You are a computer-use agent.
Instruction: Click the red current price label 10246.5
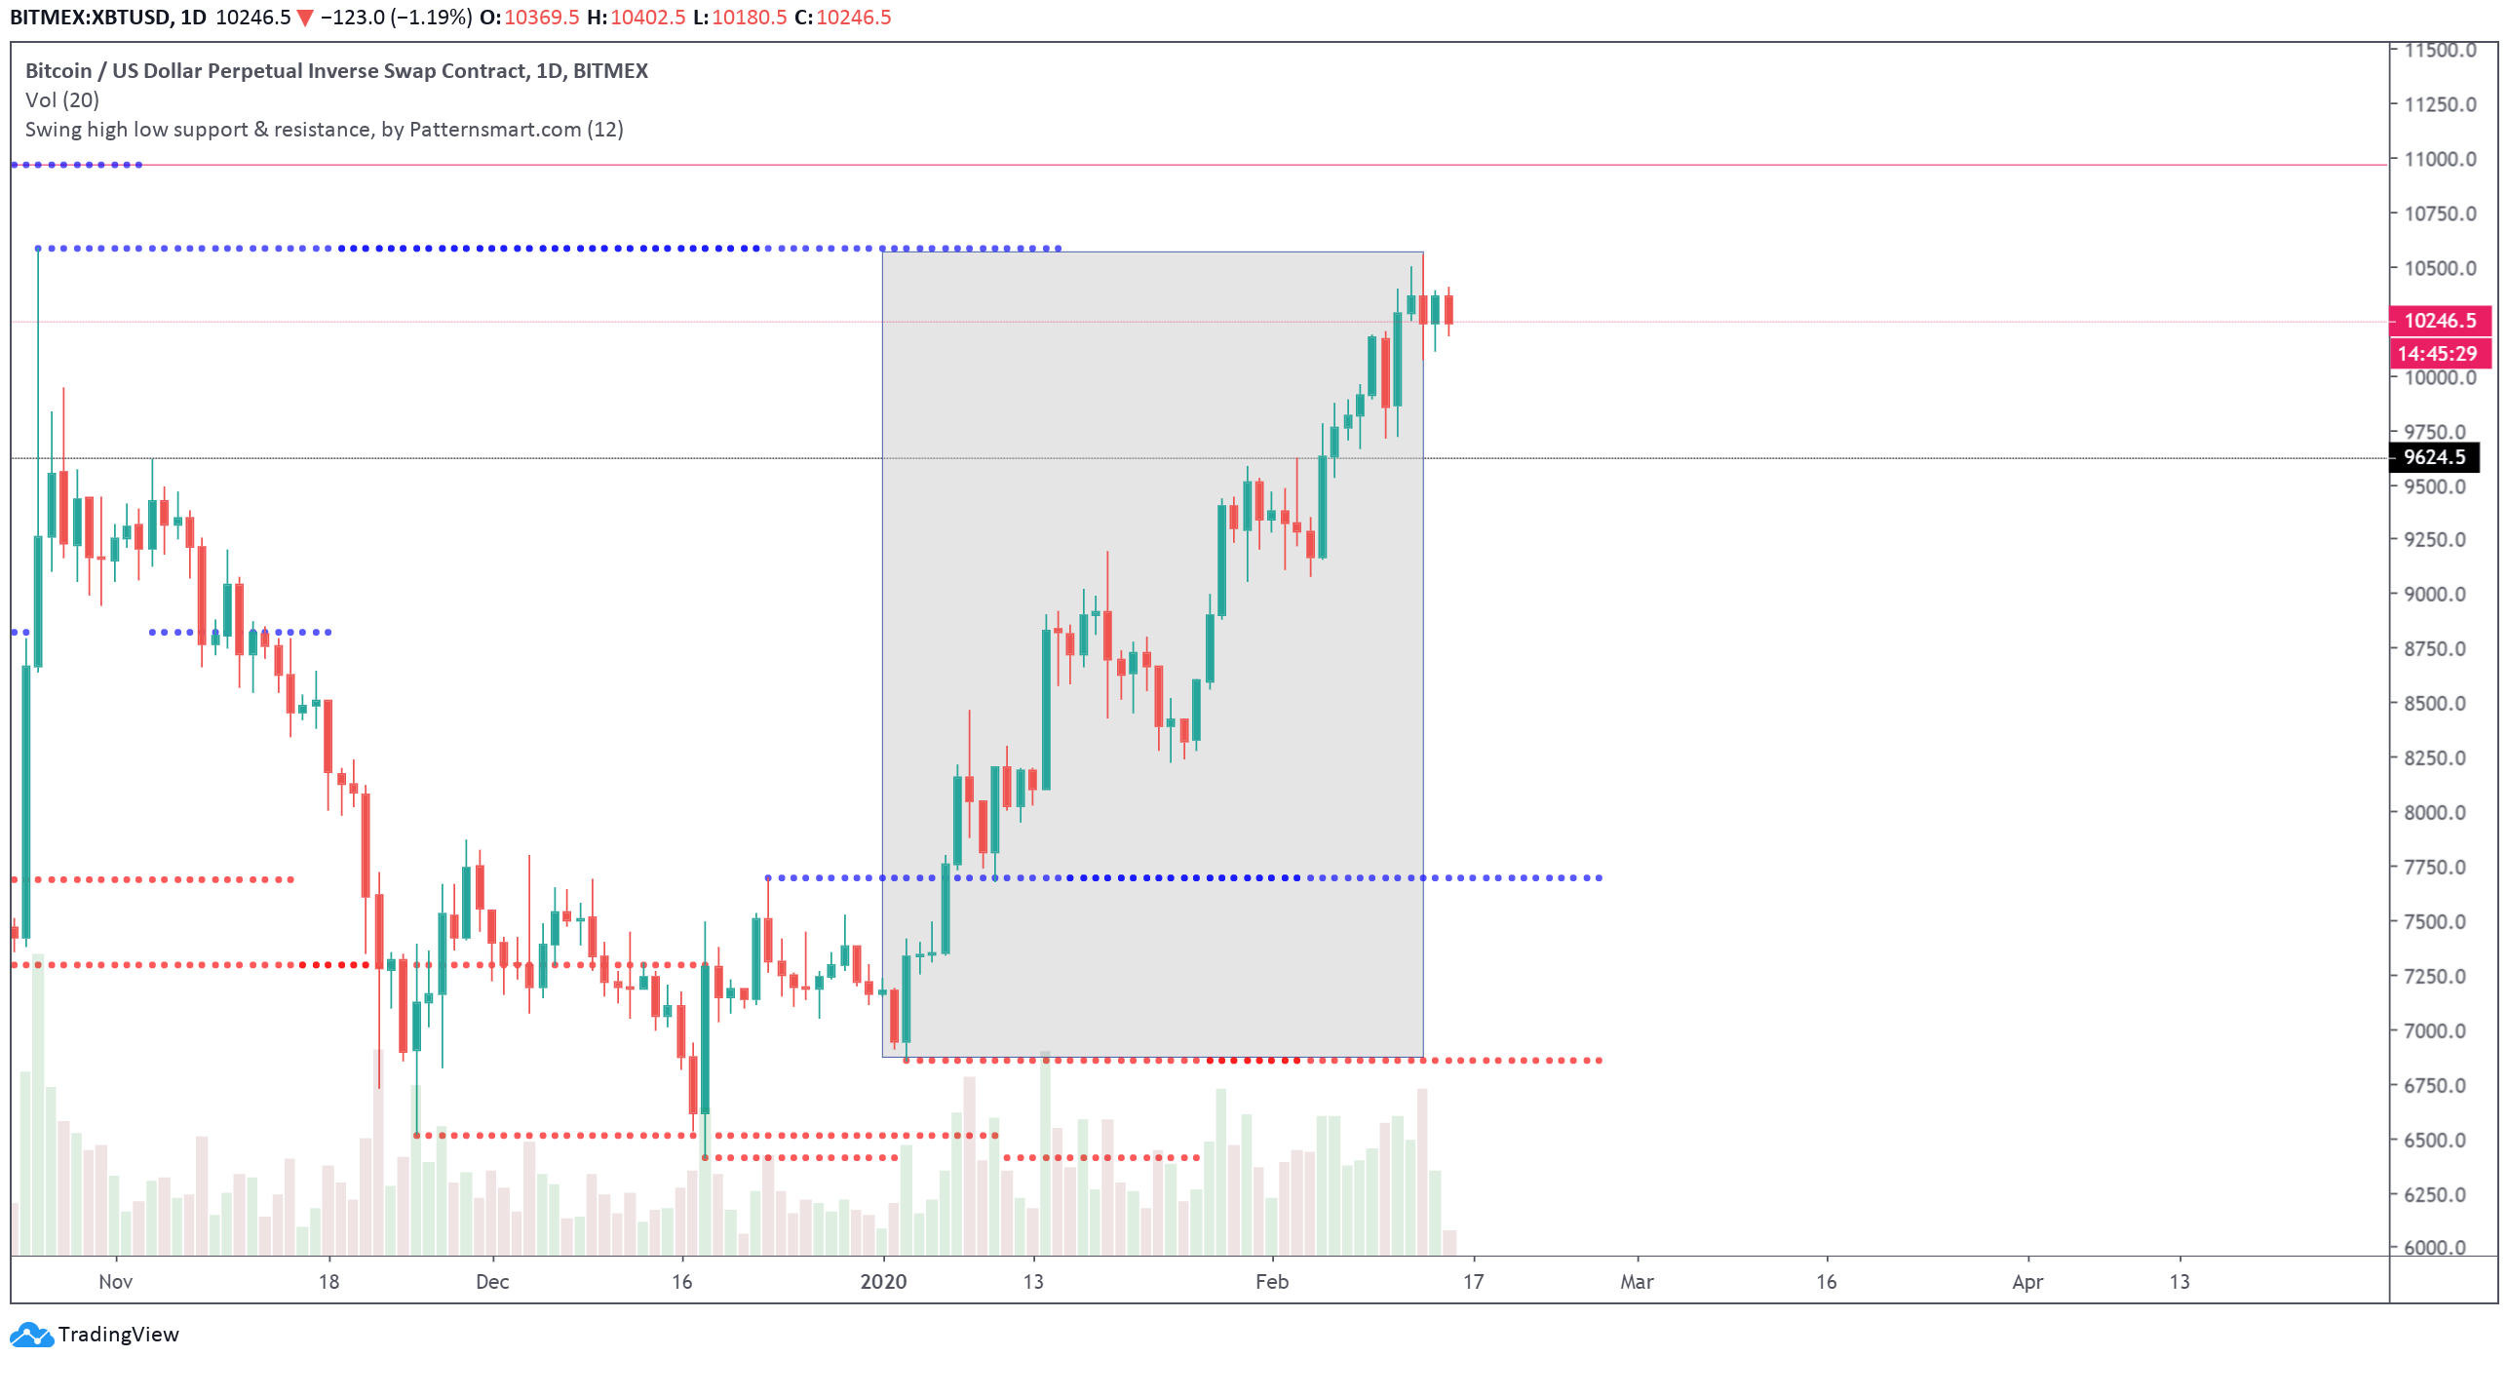click(x=2439, y=321)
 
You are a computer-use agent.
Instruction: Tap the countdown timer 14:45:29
click(x=2439, y=354)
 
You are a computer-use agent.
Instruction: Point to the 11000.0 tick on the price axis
click(x=2439, y=160)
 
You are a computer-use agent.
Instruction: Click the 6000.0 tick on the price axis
click(x=2439, y=1247)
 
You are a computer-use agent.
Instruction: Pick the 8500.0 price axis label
click(x=2439, y=704)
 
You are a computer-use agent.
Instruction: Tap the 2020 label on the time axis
click(x=883, y=1281)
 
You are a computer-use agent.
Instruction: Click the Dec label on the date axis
click(x=492, y=1281)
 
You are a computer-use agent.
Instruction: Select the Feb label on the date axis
click(x=1271, y=1281)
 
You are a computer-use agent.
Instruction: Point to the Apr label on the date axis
click(x=2027, y=1281)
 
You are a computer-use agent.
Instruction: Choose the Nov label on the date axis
click(x=115, y=1281)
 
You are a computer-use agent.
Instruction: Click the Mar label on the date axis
click(x=1637, y=1281)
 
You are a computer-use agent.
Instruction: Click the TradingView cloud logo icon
click(x=31, y=1334)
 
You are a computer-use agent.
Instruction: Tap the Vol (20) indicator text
click(x=62, y=100)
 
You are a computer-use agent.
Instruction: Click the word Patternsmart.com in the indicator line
click(x=495, y=130)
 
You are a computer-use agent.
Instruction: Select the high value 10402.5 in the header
click(x=647, y=18)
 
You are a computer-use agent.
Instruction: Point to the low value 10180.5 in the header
click(x=749, y=18)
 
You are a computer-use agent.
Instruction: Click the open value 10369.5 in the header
click(x=541, y=18)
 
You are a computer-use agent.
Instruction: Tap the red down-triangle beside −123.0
click(x=305, y=19)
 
